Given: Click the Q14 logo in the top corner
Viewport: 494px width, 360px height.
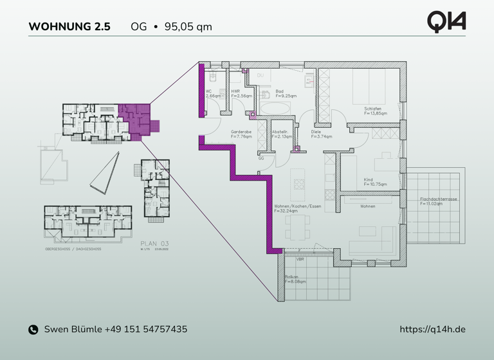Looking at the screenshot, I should (x=446, y=21).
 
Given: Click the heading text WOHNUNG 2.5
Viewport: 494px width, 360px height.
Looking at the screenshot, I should (x=69, y=27).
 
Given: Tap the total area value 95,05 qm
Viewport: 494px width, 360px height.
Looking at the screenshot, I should (x=188, y=27).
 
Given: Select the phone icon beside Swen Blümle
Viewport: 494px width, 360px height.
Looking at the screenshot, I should (x=33, y=330).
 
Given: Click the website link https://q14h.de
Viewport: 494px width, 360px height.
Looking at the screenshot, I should (x=433, y=329).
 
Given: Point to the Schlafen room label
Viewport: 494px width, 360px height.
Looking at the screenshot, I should (x=372, y=109).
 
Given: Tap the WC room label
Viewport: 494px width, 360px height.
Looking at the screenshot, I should (x=209, y=91).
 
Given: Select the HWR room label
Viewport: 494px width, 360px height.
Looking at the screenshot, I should (x=235, y=91).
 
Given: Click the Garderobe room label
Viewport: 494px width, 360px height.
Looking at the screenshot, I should (x=241, y=132).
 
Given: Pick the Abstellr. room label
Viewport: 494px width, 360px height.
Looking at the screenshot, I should (x=281, y=132).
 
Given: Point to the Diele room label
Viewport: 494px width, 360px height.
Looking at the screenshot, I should (x=316, y=132).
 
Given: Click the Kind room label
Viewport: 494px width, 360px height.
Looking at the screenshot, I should (x=369, y=180).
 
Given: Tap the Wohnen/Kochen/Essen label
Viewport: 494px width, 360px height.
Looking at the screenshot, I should (x=297, y=206).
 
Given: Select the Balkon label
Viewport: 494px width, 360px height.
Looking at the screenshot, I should (x=291, y=277).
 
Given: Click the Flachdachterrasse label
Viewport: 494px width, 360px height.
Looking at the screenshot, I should (x=438, y=199).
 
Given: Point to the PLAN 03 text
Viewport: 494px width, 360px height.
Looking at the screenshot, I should (x=154, y=244).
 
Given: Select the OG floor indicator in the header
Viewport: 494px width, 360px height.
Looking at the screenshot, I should (x=138, y=27).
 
